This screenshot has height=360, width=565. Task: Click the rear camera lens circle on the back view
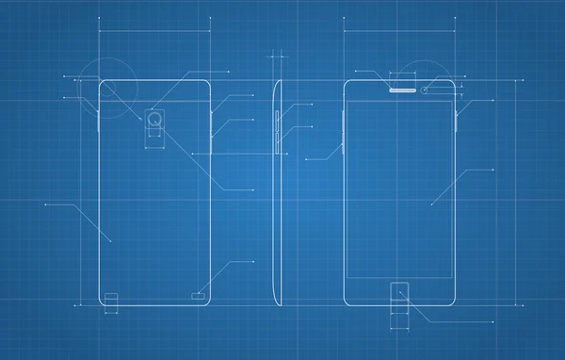click(155, 119)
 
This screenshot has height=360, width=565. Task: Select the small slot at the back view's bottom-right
click(198, 296)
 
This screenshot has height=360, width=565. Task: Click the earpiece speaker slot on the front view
click(402, 90)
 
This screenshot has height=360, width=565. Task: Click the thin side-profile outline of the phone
click(276, 188)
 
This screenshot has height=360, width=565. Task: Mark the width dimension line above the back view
click(153, 31)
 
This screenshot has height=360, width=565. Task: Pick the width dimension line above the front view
click(400, 31)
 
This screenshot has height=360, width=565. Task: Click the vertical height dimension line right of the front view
click(514, 188)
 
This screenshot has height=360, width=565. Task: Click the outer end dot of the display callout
click(492, 170)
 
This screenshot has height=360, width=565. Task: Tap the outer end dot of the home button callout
click(492, 321)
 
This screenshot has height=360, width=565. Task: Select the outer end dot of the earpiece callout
click(356, 71)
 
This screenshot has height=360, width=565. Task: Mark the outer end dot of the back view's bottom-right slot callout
click(253, 262)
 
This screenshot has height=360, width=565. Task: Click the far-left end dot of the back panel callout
click(45, 203)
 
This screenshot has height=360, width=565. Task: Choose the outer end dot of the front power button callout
click(492, 100)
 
